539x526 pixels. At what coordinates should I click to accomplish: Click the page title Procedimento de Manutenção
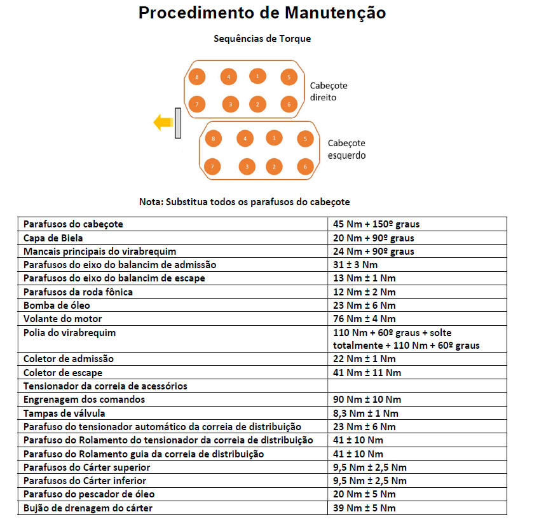(x=263, y=13)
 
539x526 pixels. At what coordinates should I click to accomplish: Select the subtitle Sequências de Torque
(x=263, y=39)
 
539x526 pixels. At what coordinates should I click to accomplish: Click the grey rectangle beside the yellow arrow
(x=179, y=123)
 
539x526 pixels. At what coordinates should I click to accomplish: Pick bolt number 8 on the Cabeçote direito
(x=198, y=78)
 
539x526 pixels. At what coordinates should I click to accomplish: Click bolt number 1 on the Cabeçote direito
(x=257, y=76)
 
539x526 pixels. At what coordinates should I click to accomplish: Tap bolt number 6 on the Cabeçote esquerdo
(x=306, y=167)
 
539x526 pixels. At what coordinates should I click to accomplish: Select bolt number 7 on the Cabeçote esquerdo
(x=212, y=167)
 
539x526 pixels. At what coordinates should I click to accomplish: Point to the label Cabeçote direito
(x=329, y=91)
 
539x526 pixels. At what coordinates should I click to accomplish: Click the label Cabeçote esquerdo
(x=346, y=149)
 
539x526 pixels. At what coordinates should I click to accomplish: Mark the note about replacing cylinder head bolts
(x=245, y=202)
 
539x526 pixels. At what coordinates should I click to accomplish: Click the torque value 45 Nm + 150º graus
(x=376, y=224)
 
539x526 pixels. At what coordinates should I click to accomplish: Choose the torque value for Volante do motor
(x=364, y=319)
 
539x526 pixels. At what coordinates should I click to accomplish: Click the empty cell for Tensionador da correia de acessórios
(x=417, y=386)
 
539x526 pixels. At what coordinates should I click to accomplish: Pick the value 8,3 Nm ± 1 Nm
(x=365, y=413)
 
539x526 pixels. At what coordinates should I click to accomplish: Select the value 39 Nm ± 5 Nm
(x=364, y=508)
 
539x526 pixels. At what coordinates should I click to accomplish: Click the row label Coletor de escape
(x=63, y=373)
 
